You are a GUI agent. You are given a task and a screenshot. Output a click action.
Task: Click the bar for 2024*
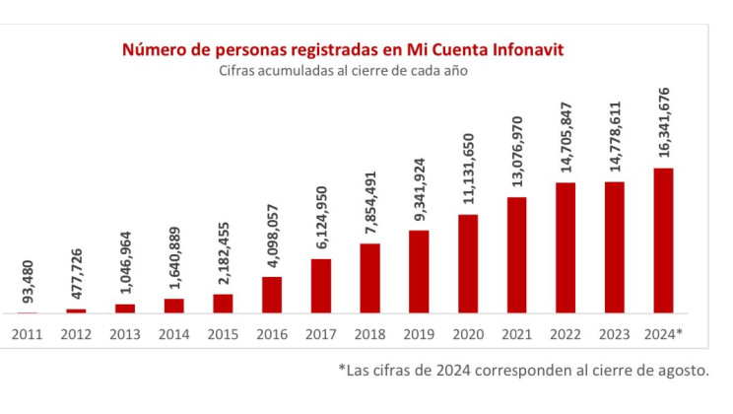click(663, 241)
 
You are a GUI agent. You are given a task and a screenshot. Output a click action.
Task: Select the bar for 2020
click(468, 264)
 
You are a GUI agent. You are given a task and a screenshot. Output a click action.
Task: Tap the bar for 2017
click(321, 286)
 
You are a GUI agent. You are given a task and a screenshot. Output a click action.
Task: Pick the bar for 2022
click(566, 247)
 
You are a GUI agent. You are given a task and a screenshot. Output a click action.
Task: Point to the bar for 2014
click(174, 306)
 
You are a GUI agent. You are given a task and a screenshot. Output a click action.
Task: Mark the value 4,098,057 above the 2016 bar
click(272, 238)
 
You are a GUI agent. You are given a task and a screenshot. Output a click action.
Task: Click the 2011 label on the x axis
click(28, 333)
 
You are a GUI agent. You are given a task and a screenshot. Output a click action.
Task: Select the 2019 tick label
click(419, 333)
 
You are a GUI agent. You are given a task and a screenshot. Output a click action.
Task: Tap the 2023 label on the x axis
click(615, 333)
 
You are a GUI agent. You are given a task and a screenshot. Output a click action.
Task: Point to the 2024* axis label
click(663, 333)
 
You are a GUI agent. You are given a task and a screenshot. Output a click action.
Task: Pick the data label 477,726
click(77, 274)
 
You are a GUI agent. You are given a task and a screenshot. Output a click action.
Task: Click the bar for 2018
click(370, 278)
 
